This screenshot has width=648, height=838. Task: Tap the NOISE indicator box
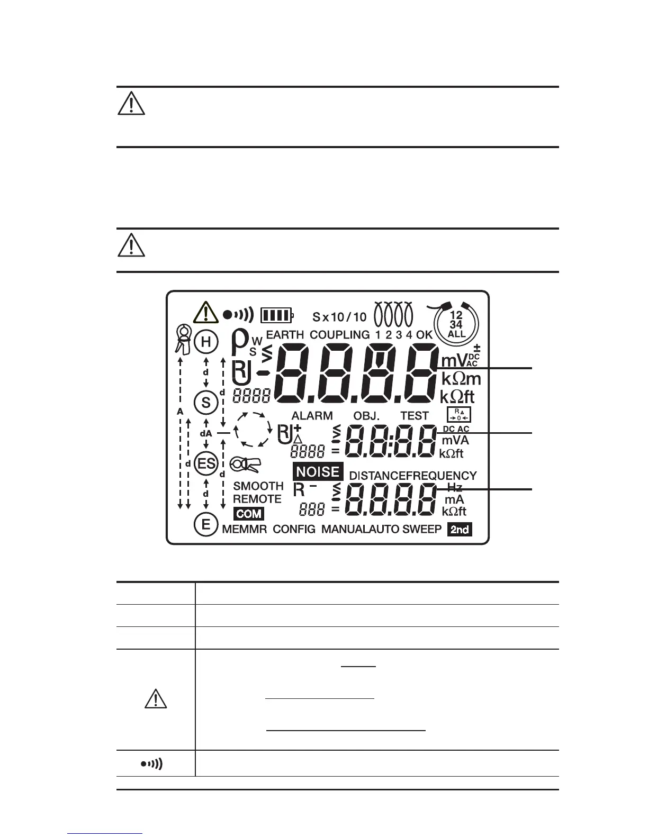[318, 471]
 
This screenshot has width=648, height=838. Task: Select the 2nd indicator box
[460, 529]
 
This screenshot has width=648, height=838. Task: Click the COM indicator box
[249, 513]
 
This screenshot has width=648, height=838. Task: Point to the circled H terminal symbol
[206, 342]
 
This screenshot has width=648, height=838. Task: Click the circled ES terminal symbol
[206, 464]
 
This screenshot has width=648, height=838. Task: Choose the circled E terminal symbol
[206, 525]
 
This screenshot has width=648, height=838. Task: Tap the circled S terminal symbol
[206, 403]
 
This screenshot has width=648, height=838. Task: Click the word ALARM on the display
[312, 416]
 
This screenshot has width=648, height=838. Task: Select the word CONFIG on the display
[294, 529]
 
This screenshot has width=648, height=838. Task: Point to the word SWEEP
[422, 529]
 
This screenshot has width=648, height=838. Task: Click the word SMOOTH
[258, 486]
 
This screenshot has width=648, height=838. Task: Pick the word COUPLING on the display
[339, 334]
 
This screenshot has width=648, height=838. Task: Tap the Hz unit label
[455, 487]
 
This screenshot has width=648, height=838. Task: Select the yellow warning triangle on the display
[205, 313]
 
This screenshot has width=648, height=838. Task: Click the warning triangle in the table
[156, 699]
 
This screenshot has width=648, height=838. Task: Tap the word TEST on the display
[415, 416]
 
